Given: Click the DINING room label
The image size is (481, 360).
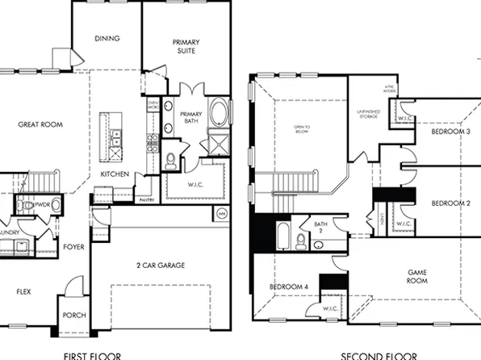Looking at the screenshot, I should pos(107,38).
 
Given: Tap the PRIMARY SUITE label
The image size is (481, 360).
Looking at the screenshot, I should pos(186,47).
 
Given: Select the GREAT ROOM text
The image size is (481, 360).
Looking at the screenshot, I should pos(40,124).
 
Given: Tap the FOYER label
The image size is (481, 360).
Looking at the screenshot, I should pos(72,248).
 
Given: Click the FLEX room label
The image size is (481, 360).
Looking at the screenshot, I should pos(23,291).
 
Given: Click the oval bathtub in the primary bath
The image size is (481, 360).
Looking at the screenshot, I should pos(218,111).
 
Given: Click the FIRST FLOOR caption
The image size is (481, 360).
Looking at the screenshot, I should pos(92,354).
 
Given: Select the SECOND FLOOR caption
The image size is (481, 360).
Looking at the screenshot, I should pos(379,354).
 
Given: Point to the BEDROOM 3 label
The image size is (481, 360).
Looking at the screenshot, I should pos(450,131).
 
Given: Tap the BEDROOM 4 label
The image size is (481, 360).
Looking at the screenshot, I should pos(288,287).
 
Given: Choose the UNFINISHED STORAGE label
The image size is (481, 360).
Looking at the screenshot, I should pos(367,115).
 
